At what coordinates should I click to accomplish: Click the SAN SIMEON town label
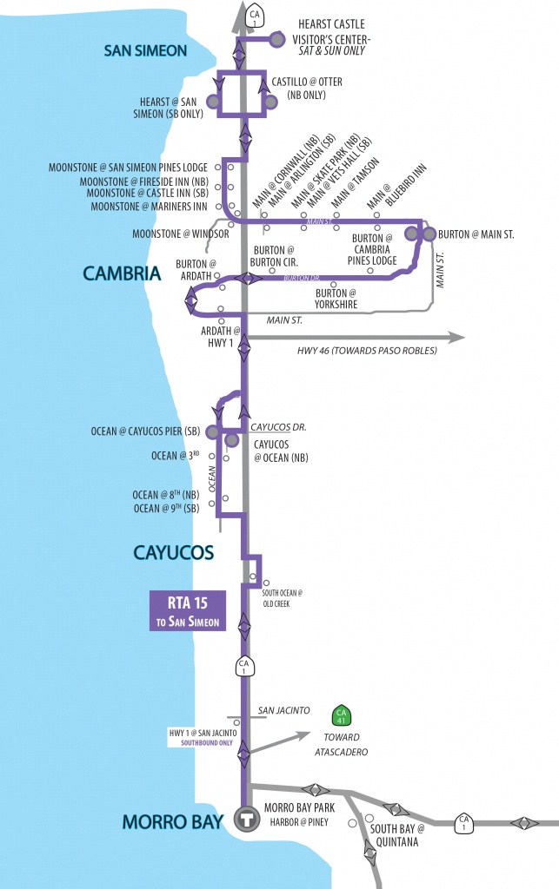[145, 50]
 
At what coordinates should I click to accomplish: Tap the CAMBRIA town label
[123, 273]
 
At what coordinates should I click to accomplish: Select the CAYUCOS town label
[174, 552]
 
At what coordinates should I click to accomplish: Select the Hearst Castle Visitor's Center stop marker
[277, 39]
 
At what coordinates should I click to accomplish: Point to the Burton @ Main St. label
[476, 234]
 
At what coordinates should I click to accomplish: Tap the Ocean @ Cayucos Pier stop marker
[212, 431]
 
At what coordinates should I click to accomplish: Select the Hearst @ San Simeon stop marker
[212, 102]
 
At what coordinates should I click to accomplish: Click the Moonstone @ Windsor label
[181, 234]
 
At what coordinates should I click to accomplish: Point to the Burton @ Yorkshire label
[337, 300]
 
